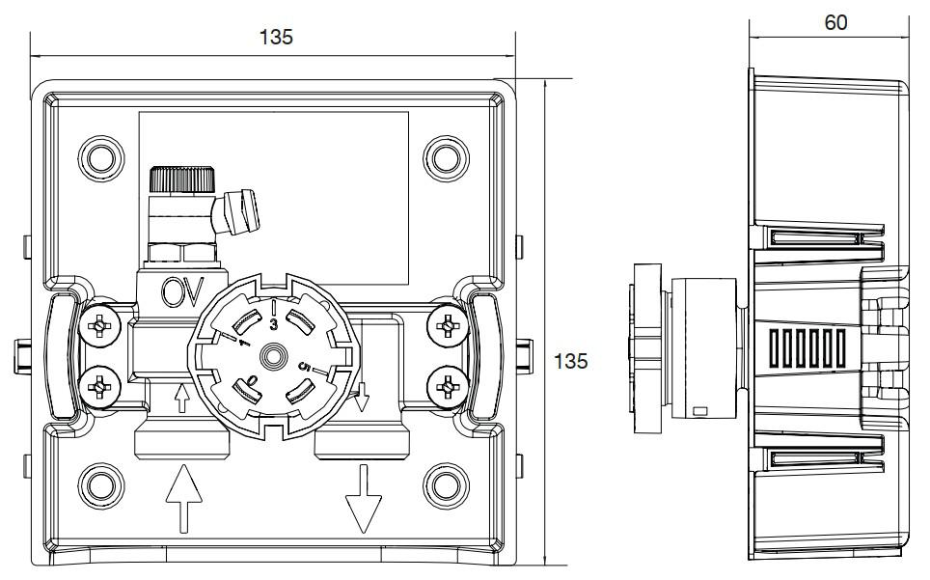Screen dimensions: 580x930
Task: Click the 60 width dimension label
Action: pos(835,22)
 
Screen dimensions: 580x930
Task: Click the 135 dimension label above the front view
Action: pos(275,37)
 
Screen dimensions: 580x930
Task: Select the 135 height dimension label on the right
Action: pos(571,361)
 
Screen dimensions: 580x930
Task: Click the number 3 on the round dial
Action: pos(274,325)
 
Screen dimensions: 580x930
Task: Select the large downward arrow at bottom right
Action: pos(364,498)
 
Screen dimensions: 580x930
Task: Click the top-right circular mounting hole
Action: pos(447,156)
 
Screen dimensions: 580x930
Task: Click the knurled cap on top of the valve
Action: pos(180,179)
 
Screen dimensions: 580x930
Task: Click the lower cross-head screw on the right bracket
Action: pos(448,387)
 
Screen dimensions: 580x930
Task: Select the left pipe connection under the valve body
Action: pos(180,441)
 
